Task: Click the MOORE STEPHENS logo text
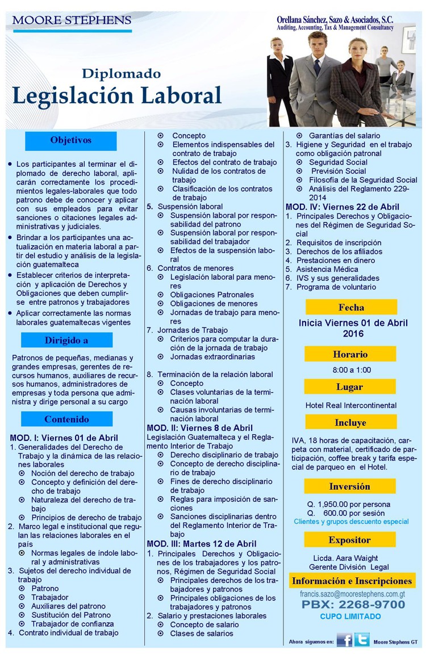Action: tap(72, 21)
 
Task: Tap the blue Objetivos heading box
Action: tap(71, 140)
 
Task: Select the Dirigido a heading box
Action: tap(66, 341)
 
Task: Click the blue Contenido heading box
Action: tap(66, 419)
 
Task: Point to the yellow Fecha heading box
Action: tap(350, 308)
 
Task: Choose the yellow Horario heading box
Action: tap(350, 354)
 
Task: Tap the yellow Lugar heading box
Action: tap(350, 387)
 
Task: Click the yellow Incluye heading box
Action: tap(350, 422)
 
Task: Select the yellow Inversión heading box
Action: tap(350, 486)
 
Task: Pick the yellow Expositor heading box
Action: tap(350, 540)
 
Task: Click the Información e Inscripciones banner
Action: tap(352, 581)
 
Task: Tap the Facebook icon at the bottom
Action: tap(344, 640)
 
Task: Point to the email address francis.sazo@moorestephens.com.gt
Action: tap(352, 593)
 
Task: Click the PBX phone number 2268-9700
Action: tap(353, 604)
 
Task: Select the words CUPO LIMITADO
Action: tap(350, 616)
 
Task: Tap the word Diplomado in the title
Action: tap(121, 74)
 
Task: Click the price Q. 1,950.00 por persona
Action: tap(349, 504)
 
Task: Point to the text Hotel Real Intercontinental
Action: tap(351, 405)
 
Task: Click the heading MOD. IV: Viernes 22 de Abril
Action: tap(342, 207)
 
